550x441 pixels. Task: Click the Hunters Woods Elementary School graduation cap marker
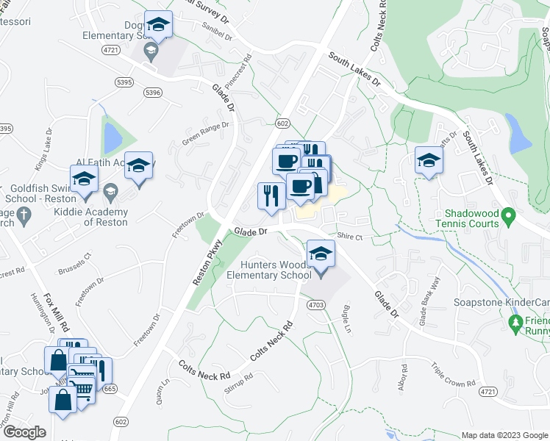pos(321,254)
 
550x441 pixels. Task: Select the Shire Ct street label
pos(350,237)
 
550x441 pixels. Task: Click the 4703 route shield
pos(316,304)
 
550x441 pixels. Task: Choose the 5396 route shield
pos(152,93)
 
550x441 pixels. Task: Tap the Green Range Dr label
pos(206,135)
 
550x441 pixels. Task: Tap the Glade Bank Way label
pos(429,301)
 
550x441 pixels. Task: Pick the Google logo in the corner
pos(24,432)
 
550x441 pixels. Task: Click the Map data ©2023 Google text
pos(504,435)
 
